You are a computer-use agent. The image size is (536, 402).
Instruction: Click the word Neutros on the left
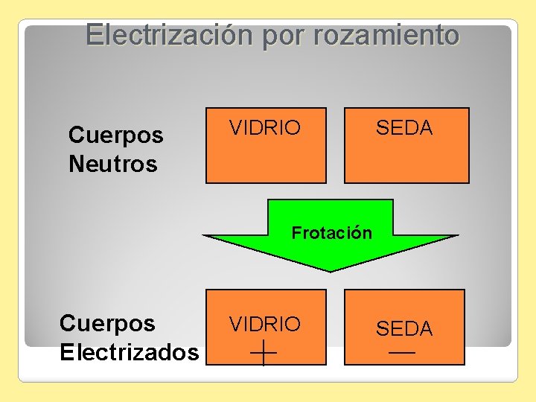(112, 164)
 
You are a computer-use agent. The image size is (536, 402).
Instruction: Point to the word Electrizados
(129, 351)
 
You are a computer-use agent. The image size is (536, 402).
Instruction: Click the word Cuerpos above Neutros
(115, 135)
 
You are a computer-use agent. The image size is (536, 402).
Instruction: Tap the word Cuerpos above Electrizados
(107, 323)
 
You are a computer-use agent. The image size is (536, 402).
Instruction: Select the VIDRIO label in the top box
(265, 128)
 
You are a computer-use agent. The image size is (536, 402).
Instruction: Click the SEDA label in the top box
(403, 128)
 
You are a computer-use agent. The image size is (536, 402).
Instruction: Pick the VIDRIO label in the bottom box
(265, 324)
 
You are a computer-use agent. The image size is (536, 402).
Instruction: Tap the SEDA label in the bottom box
(403, 328)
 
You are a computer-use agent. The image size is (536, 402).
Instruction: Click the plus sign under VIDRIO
(264, 351)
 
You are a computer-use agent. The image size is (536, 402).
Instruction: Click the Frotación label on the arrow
(331, 233)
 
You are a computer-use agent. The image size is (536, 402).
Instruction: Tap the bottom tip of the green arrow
(330, 270)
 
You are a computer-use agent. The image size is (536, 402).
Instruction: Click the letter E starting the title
(94, 35)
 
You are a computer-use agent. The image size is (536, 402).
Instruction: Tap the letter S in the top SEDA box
(382, 128)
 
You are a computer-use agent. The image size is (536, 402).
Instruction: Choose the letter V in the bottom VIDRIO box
(236, 324)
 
